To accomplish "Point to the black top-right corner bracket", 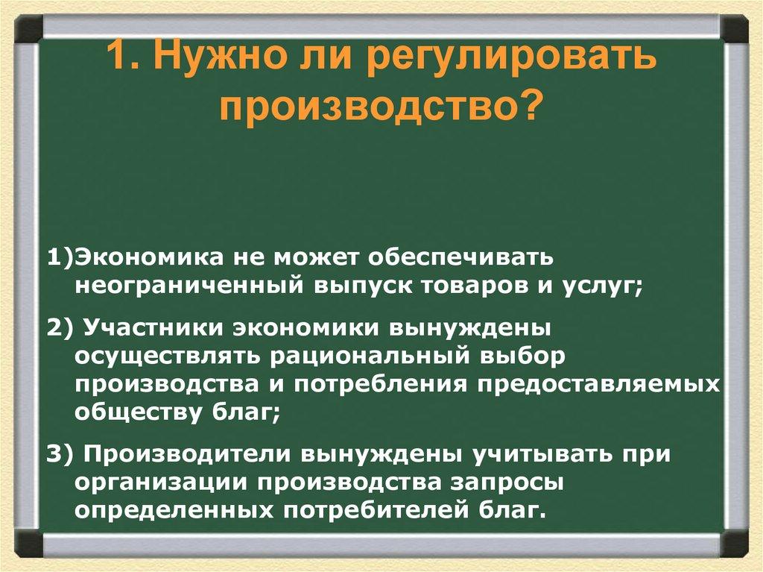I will [732, 31].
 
